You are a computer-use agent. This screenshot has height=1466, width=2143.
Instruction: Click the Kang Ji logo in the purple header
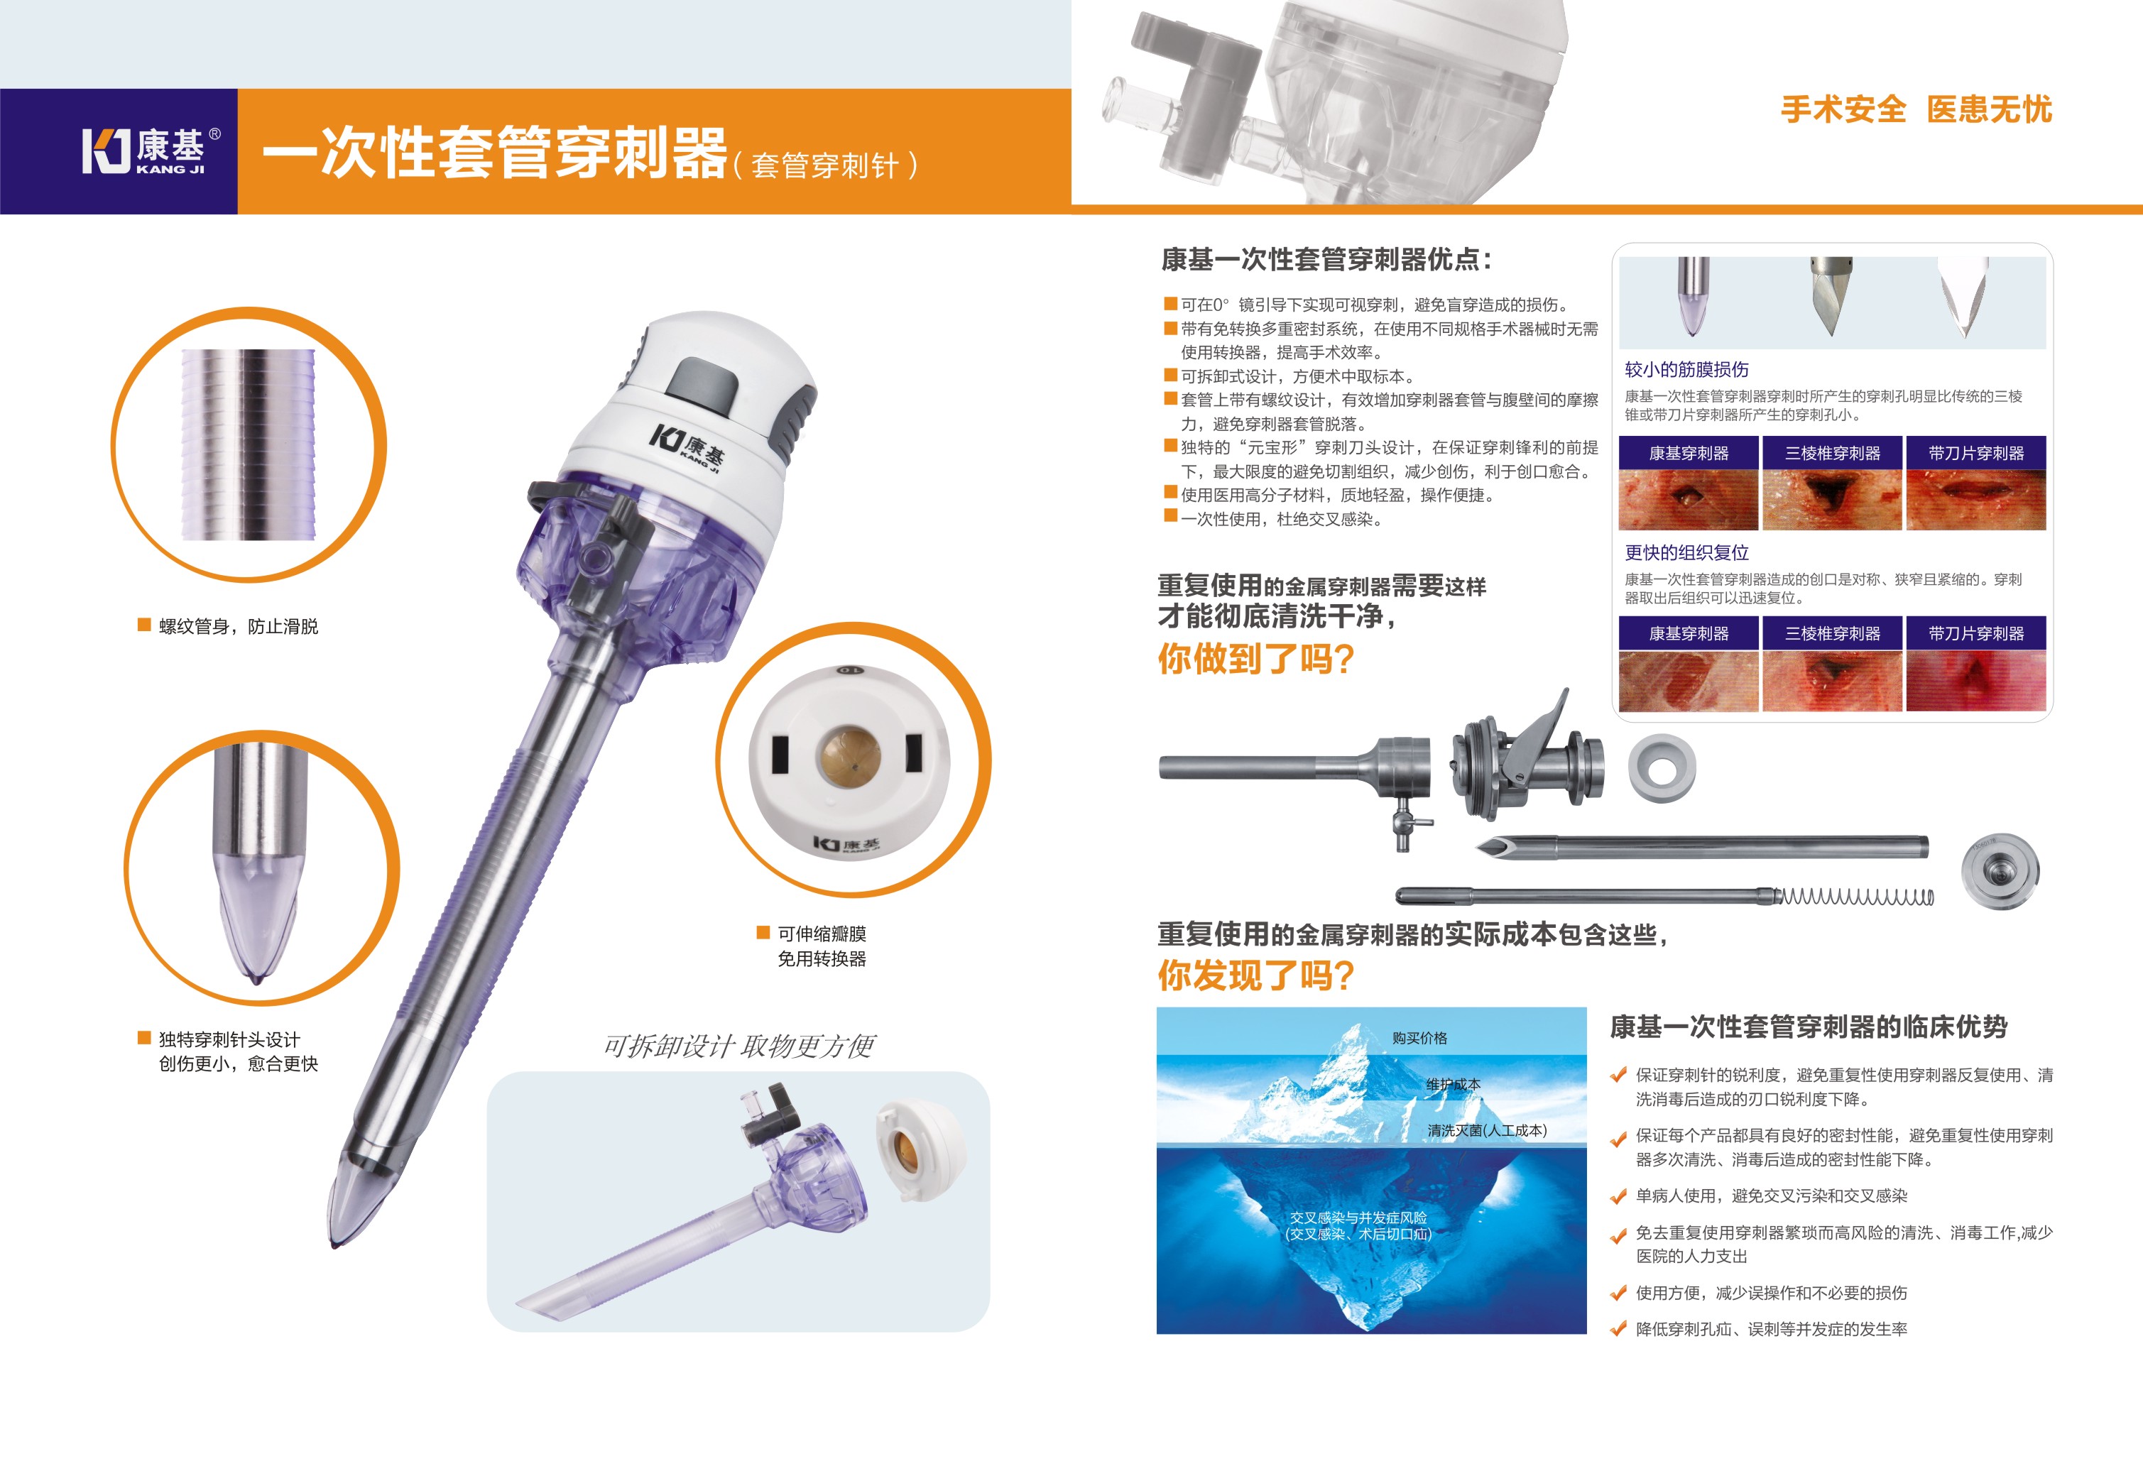[x=151, y=151]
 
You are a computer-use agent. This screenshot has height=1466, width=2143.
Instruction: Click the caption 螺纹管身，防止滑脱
[x=238, y=626]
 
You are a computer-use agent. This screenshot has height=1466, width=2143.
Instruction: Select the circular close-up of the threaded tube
[x=249, y=444]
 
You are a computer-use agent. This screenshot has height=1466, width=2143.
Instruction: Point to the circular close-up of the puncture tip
[x=262, y=868]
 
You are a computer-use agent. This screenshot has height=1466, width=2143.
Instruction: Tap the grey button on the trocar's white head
[x=703, y=383]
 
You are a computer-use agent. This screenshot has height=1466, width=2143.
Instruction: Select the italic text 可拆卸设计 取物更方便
[x=738, y=1046]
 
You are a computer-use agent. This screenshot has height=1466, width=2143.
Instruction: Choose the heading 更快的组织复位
[x=1686, y=552]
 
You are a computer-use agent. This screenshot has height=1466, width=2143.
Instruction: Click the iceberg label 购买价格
[x=1419, y=1038]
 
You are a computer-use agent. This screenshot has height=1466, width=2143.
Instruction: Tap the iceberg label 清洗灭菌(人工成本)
[x=1486, y=1130]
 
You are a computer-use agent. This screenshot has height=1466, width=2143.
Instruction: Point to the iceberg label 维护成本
[x=1454, y=1084]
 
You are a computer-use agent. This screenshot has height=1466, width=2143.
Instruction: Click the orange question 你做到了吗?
[x=1255, y=658]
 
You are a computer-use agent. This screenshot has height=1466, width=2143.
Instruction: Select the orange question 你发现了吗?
[x=1255, y=975]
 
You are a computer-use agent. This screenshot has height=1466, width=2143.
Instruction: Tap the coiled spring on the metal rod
[x=1855, y=896]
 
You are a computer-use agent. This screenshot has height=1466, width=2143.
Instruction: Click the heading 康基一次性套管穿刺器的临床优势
[x=1809, y=1027]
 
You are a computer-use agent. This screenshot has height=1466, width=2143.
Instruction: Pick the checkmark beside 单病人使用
[x=1618, y=1197]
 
